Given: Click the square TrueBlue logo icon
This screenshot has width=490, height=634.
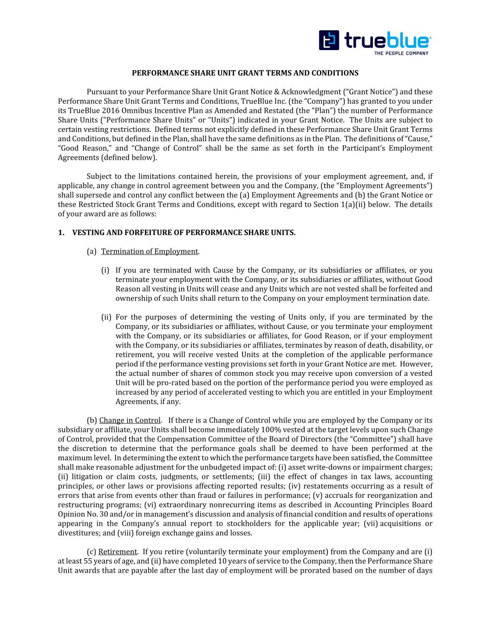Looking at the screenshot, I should [329, 40].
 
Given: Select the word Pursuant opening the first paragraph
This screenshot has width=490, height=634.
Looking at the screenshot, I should [101, 92].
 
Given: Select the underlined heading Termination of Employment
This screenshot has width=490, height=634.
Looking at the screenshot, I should [150, 251].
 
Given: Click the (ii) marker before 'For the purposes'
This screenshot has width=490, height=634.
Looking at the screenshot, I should [106, 317].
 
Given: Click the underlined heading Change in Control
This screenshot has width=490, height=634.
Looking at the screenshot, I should [130, 420].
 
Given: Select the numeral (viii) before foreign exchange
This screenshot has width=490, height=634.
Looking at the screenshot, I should [126, 533].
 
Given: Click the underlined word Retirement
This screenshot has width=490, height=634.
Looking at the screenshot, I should [118, 552].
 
